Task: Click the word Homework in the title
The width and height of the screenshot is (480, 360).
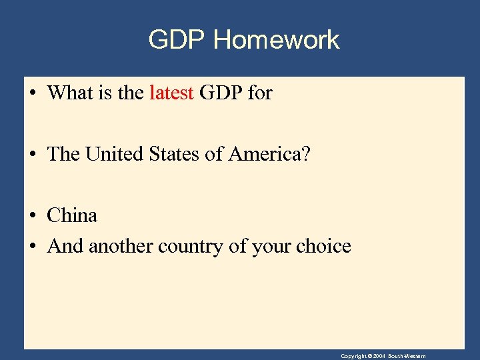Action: coord(276,40)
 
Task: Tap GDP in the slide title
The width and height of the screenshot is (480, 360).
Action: coord(177,40)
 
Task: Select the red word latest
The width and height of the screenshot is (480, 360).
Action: coord(171,93)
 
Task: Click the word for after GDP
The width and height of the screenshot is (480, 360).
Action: coord(260,93)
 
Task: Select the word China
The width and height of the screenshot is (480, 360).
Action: coord(72,215)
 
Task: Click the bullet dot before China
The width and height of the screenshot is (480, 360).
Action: coord(33,216)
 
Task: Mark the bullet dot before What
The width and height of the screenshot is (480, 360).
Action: coord(33,93)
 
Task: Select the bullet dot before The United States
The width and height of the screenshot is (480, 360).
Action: coord(33,155)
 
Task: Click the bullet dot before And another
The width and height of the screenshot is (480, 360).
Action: coord(33,247)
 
